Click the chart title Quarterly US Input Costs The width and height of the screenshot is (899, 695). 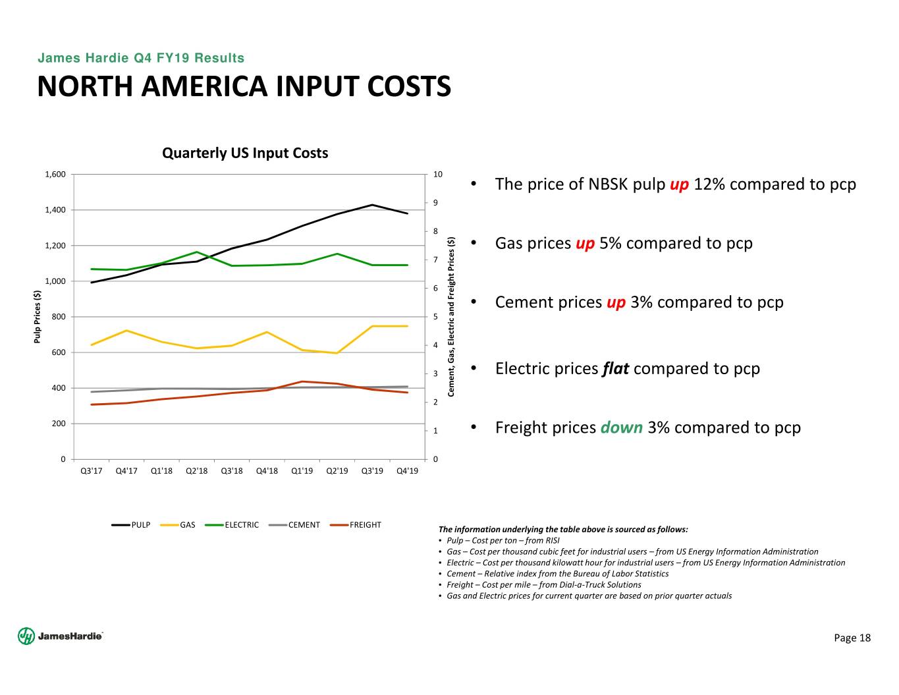245,153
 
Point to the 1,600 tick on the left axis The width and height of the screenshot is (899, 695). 55,175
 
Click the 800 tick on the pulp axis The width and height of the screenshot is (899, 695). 59,317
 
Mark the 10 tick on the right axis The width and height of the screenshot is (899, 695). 438,175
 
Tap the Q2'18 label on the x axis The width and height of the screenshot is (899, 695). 197,471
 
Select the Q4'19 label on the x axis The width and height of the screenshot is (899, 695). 408,471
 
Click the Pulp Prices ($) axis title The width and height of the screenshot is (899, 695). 38,317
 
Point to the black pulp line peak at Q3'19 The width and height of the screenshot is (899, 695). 372,205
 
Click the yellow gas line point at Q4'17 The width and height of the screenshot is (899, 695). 126,331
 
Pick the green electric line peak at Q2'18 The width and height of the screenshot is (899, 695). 197,252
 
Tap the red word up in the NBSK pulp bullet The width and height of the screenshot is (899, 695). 679,184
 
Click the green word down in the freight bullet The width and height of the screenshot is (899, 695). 621,428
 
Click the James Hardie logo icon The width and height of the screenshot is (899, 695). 26,636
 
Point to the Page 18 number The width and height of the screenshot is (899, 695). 852,638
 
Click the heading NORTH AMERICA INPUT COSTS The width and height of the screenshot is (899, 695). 244,87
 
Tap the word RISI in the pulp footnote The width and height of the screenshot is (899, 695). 551,541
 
